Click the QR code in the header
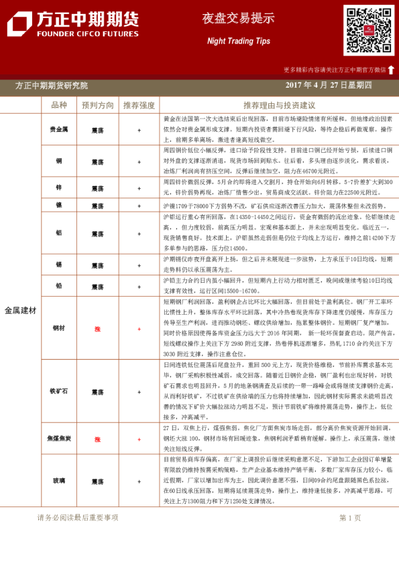pos(369,30)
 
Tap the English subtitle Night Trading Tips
pos(239,41)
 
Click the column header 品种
pos(59,105)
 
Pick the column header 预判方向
pos(98,105)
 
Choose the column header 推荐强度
pos(139,105)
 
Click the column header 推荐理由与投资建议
pos(279,105)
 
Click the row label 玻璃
pos(59,481)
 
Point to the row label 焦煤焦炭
pos(59,439)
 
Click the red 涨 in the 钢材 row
pos(98,329)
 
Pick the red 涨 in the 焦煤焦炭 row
pos(98,439)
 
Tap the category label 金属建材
pos(20,311)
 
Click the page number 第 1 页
pos(350,517)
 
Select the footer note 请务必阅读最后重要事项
pos(78,517)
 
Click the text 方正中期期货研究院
pos(51,86)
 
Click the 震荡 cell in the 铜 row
pos(98,161)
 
